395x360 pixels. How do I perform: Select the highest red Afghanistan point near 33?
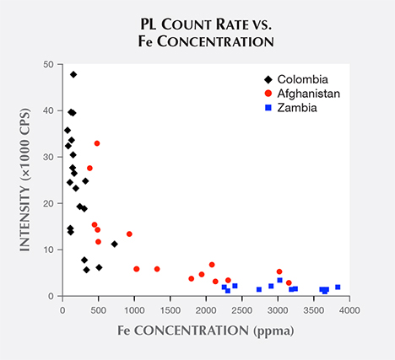[97, 143]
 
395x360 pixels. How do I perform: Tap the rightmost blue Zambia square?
[338, 287]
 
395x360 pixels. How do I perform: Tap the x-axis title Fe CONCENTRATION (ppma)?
[206, 331]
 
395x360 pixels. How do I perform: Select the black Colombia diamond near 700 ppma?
[115, 244]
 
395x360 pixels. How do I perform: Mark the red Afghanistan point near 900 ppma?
[129, 234]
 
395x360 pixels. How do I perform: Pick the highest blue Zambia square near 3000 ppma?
[279, 280]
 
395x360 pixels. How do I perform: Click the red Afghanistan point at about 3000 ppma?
[279, 271]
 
